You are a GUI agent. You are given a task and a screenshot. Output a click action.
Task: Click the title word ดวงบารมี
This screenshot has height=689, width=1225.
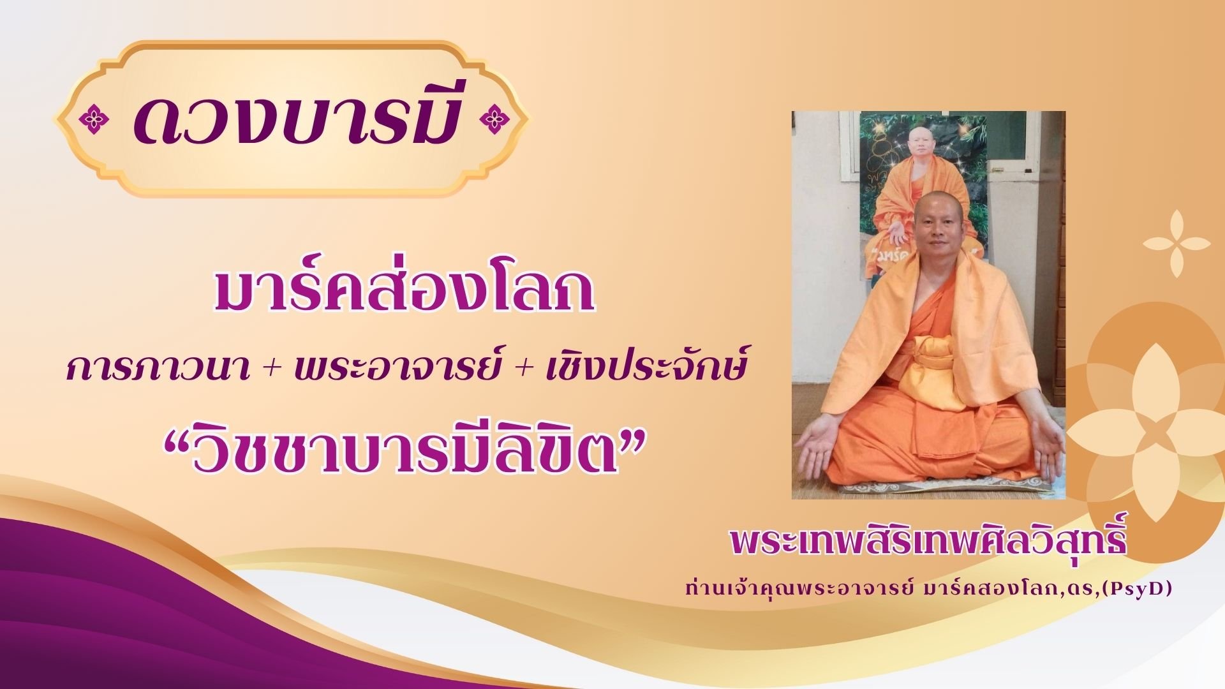pos(296,119)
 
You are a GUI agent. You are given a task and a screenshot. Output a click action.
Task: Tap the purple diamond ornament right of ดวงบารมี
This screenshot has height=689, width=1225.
pos(492,119)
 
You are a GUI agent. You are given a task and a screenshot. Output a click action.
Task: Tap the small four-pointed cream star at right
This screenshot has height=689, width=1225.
pos(1173,244)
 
